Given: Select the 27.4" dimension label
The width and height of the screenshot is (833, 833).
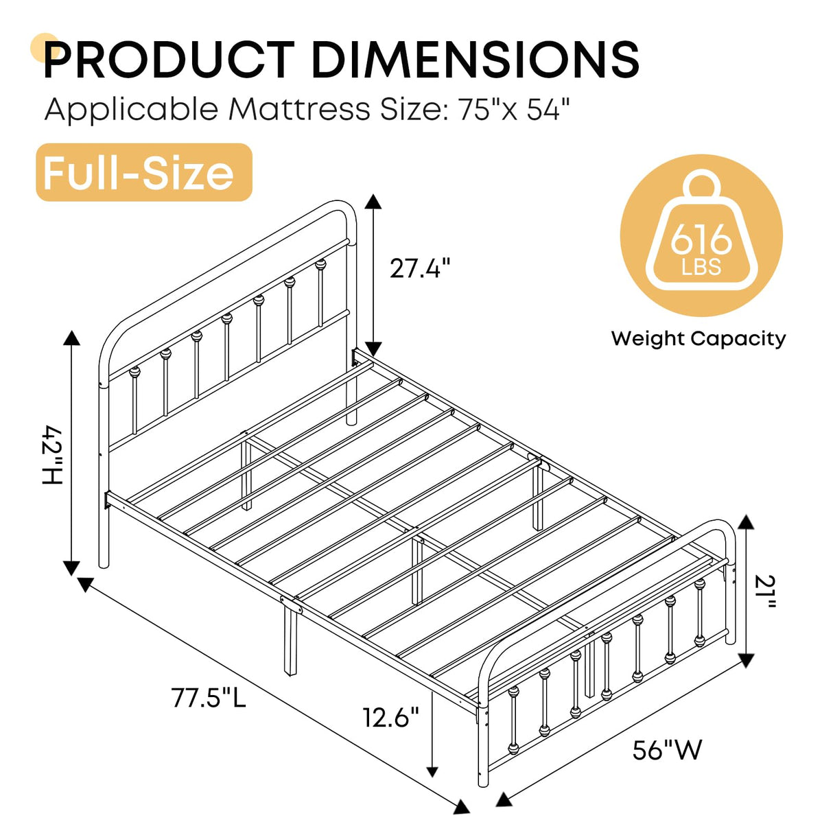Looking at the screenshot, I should pyautogui.click(x=420, y=268).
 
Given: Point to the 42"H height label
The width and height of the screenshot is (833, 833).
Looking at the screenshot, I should pyautogui.click(x=52, y=455).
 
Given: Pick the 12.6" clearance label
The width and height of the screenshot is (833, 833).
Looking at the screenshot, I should pyautogui.click(x=390, y=718).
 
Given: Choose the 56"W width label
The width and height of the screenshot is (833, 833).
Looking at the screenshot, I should pyautogui.click(x=667, y=750).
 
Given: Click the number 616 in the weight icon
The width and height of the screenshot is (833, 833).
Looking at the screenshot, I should pyautogui.click(x=701, y=240).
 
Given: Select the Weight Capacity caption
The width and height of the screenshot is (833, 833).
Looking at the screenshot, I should pyautogui.click(x=699, y=338).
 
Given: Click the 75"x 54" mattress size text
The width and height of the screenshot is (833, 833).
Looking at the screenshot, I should pyautogui.click(x=514, y=109).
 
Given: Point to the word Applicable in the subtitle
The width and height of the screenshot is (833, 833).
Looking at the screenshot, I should pyautogui.click(x=132, y=109).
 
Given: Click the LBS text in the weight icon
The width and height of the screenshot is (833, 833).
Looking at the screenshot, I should pyautogui.click(x=701, y=267).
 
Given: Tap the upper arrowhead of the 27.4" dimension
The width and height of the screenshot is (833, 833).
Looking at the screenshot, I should pyautogui.click(x=373, y=201).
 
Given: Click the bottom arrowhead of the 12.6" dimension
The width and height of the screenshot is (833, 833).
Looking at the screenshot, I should pyautogui.click(x=432, y=771).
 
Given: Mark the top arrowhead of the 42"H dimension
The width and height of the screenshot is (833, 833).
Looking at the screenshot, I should pyautogui.click(x=71, y=337).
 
